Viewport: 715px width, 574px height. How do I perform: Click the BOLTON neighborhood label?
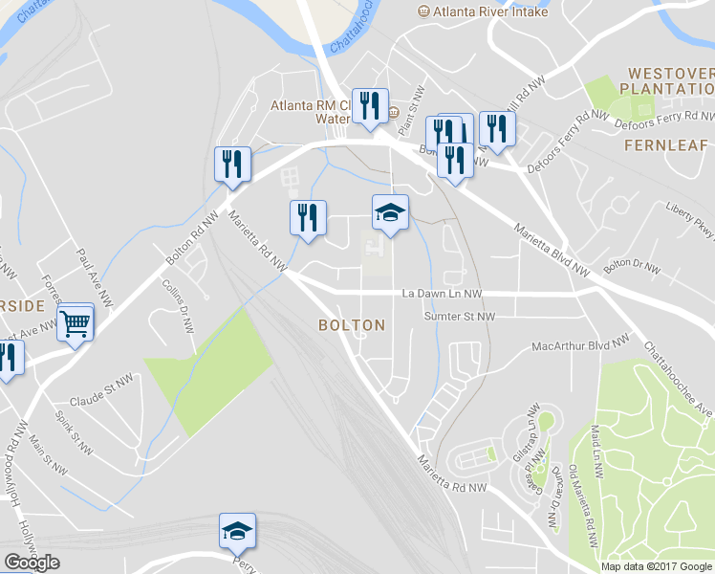(352, 325)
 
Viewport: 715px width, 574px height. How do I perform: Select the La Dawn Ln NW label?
(442, 294)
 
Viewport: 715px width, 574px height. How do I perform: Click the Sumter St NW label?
(460, 317)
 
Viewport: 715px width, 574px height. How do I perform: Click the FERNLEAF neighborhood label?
(666, 145)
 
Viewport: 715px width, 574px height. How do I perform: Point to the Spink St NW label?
(73, 433)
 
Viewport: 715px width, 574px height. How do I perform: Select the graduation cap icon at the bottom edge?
(238, 531)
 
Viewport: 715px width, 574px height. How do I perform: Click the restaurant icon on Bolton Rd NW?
(232, 164)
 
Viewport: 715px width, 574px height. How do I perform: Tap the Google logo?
(32, 563)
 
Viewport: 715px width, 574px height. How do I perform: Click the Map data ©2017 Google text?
(656, 566)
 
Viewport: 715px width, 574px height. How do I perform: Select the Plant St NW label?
(415, 100)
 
